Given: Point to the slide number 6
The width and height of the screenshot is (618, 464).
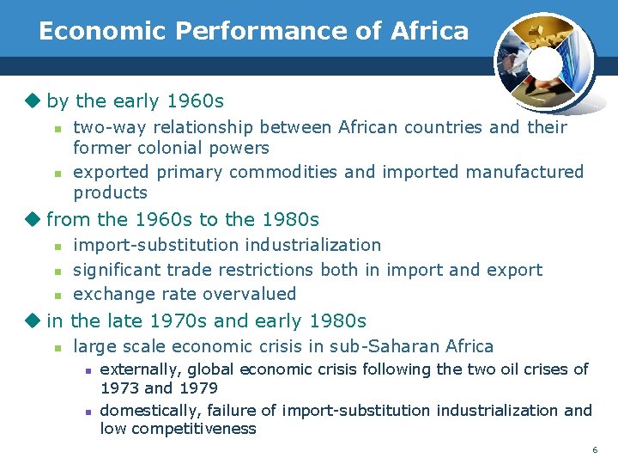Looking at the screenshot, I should pyautogui.click(x=594, y=450).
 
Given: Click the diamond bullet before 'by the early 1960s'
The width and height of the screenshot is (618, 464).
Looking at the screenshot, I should pyautogui.click(x=33, y=101).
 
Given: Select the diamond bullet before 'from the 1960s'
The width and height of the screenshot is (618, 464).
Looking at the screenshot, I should pyautogui.click(x=33, y=220).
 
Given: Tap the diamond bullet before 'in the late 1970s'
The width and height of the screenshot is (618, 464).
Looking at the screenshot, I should pyautogui.click(x=33, y=321).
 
